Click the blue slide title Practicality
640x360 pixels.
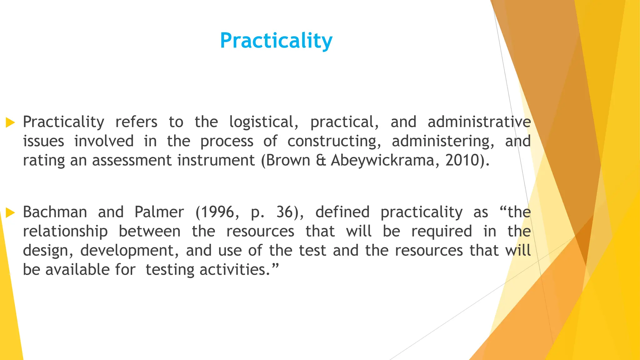tap(276, 41)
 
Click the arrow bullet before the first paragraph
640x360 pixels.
tap(10, 122)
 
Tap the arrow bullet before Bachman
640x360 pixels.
tap(10, 213)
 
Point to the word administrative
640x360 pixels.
tap(479, 122)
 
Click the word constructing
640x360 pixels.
tap(334, 141)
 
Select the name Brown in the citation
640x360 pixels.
tap(288, 160)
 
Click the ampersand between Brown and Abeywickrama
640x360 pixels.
tap(321, 160)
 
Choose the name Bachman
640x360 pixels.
tap(55, 212)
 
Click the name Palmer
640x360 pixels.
tap(159, 212)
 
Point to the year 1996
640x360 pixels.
tap(217, 212)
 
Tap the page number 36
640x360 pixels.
tap(284, 212)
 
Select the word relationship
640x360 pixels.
tap(65, 232)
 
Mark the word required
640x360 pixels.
tap(442, 232)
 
